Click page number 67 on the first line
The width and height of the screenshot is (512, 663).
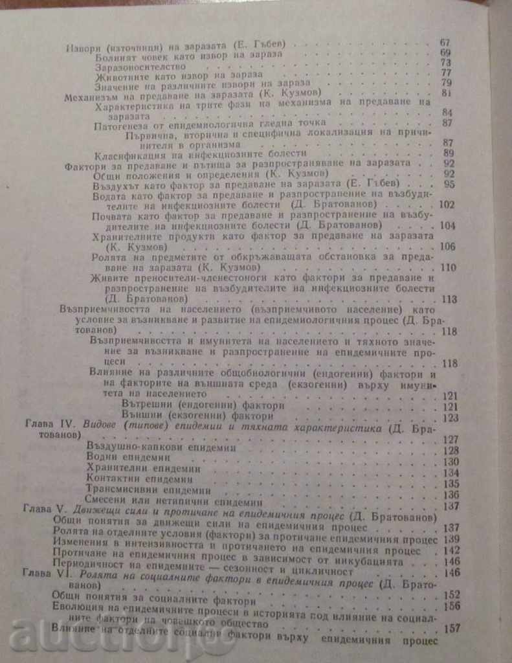click(x=445, y=43)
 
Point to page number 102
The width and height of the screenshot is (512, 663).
click(x=447, y=205)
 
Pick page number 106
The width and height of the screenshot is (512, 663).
click(x=447, y=246)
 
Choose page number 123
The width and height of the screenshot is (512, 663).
click(x=450, y=418)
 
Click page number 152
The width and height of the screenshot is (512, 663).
click(x=451, y=594)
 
